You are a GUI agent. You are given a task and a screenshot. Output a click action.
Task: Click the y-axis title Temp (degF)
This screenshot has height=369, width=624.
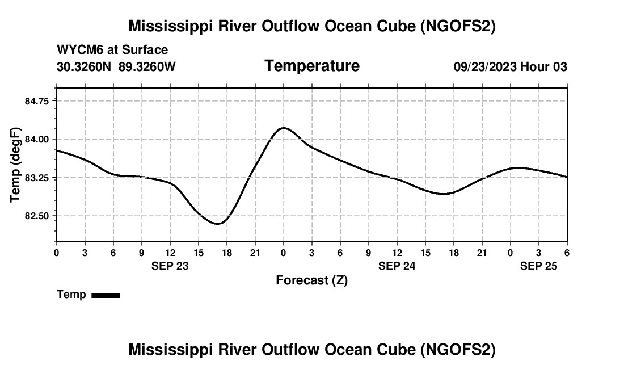click(x=15, y=165)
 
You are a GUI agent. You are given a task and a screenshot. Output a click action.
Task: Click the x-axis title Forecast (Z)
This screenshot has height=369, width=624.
click(x=311, y=280)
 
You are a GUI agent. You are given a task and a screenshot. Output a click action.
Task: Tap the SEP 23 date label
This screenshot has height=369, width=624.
click(x=170, y=266)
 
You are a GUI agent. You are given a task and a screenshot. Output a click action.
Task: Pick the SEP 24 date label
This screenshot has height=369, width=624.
click(x=397, y=266)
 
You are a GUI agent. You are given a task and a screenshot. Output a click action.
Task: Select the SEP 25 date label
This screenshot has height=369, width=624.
click(x=539, y=266)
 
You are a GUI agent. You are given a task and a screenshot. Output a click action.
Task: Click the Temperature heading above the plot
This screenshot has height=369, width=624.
click(x=312, y=66)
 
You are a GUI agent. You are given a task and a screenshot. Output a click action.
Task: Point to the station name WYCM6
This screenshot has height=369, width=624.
click(x=80, y=50)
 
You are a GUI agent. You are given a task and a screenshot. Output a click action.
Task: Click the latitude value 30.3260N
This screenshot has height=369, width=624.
click(x=85, y=66)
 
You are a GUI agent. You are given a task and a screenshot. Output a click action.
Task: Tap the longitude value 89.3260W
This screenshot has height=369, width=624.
click(x=147, y=66)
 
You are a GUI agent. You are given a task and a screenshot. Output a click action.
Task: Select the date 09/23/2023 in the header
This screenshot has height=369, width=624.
click(x=485, y=66)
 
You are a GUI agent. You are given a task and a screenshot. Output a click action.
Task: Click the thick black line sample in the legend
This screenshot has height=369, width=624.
click(x=106, y=295)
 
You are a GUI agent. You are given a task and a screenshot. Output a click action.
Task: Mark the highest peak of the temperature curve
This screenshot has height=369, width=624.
click(x=284, y=128)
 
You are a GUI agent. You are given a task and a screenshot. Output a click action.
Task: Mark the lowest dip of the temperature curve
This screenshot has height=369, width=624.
click(x=217, y=224)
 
